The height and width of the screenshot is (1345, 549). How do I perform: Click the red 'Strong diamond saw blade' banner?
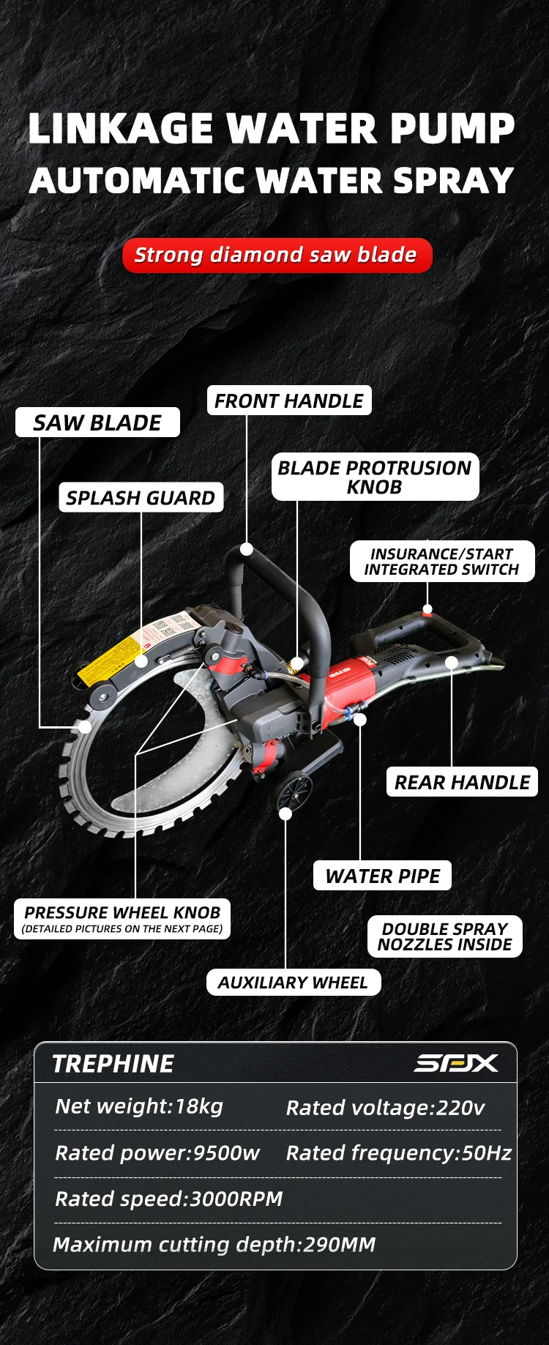[277, 256]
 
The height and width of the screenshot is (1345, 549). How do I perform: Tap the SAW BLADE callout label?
[97, 422]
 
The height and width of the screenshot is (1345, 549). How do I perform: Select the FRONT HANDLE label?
[289, 400]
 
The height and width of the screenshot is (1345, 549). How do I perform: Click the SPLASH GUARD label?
[141, 498]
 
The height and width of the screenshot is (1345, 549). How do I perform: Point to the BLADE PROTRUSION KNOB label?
[375, 477]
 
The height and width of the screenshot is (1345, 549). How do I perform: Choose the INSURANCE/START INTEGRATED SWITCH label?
[441, 562]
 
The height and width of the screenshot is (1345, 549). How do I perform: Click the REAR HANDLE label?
[462, 782]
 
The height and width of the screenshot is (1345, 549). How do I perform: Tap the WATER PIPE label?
[382, 876]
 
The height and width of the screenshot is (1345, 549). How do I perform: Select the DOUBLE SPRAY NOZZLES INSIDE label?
[444, 936]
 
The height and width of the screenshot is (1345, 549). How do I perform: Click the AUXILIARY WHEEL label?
[293, 983]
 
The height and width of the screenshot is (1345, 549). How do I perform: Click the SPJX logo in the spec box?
[455, 1063]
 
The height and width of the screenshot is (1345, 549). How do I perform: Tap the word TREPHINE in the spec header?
[113, 1064]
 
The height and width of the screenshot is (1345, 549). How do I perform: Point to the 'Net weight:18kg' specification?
[139, 1106]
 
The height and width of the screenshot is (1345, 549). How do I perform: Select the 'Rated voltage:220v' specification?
[385, 1108]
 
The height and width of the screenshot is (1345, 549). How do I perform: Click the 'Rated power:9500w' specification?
[157, 1153]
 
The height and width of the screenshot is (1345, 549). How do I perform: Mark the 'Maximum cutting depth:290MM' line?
[214, 1245]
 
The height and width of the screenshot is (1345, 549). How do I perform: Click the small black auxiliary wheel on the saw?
[294, 793]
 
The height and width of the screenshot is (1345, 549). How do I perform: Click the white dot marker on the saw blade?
[85, 727]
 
